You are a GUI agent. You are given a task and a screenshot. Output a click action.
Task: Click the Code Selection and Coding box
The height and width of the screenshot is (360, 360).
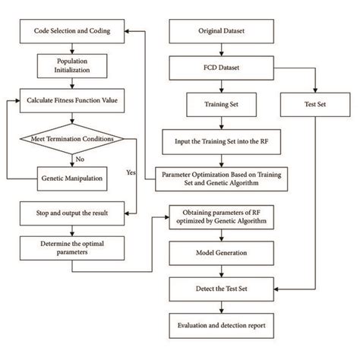(72, 32)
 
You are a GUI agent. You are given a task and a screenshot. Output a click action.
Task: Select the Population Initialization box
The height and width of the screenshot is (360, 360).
(72, 65)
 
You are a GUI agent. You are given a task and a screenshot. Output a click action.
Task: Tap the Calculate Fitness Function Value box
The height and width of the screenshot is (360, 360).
(72, 99)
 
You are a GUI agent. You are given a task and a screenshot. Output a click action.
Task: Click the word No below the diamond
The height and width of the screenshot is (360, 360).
(79, 159)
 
